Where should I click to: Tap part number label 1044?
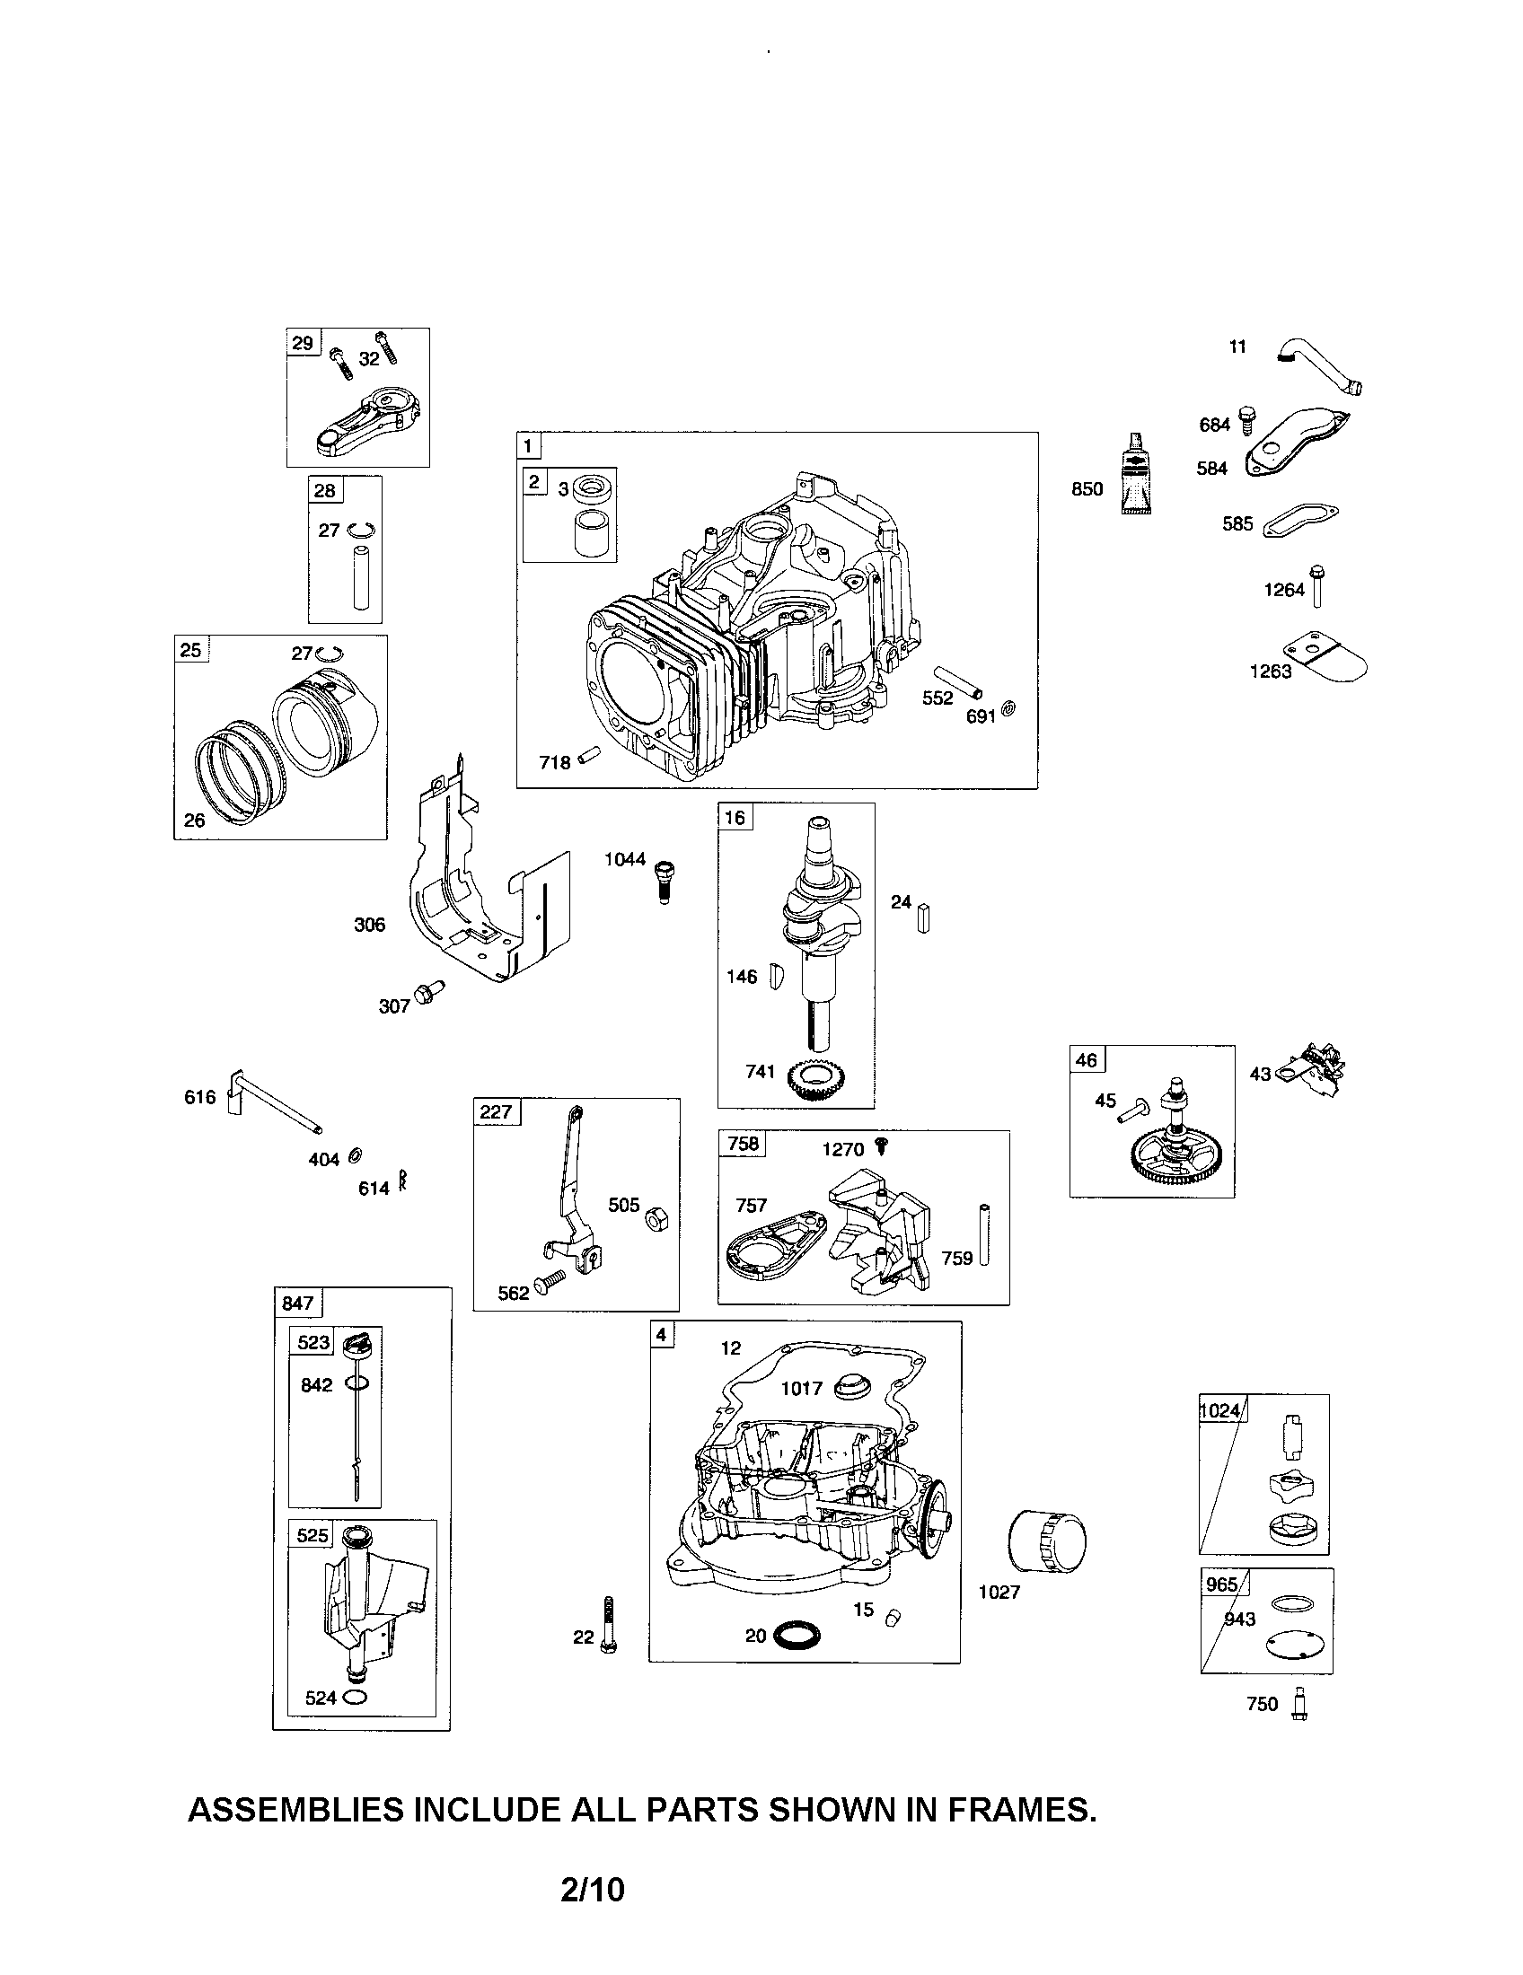pyautogui.click(x=625, y=859)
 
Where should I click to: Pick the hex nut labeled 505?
pyautogui.click(x=656, y=1221)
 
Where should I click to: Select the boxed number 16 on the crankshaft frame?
pyautogui.click(x=735, y=818)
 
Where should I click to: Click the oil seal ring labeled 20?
pyautogui.click(x=797, y=1635)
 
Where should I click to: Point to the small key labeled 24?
pyautogui.click(x=923, y=917)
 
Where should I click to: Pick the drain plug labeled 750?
pyautogui.click(x=1300, y=1704)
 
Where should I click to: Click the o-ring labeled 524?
pyautogui.click(x=356, y=1698)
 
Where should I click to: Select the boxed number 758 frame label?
pyautogui.click(x=743, y=1144)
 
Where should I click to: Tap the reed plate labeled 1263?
pyautogui.click(x=1325, y=661)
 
